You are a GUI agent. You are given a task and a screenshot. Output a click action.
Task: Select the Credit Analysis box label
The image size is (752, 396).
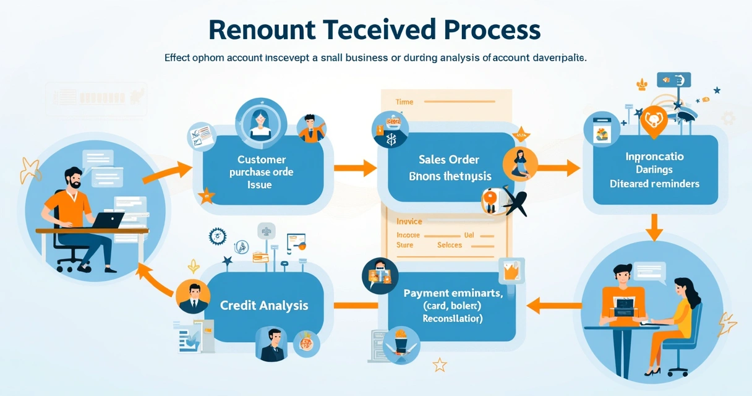264,305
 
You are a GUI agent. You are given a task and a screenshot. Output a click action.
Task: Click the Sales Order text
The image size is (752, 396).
449,160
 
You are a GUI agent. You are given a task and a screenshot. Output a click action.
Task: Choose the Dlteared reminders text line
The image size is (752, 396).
654,184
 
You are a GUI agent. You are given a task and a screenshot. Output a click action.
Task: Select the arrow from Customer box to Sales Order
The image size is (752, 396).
355,168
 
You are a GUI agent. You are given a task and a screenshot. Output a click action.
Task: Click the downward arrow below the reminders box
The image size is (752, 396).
654,228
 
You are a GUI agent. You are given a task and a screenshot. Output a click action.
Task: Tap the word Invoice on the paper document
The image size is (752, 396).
409,221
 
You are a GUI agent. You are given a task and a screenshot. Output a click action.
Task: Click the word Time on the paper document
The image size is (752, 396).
404,101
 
